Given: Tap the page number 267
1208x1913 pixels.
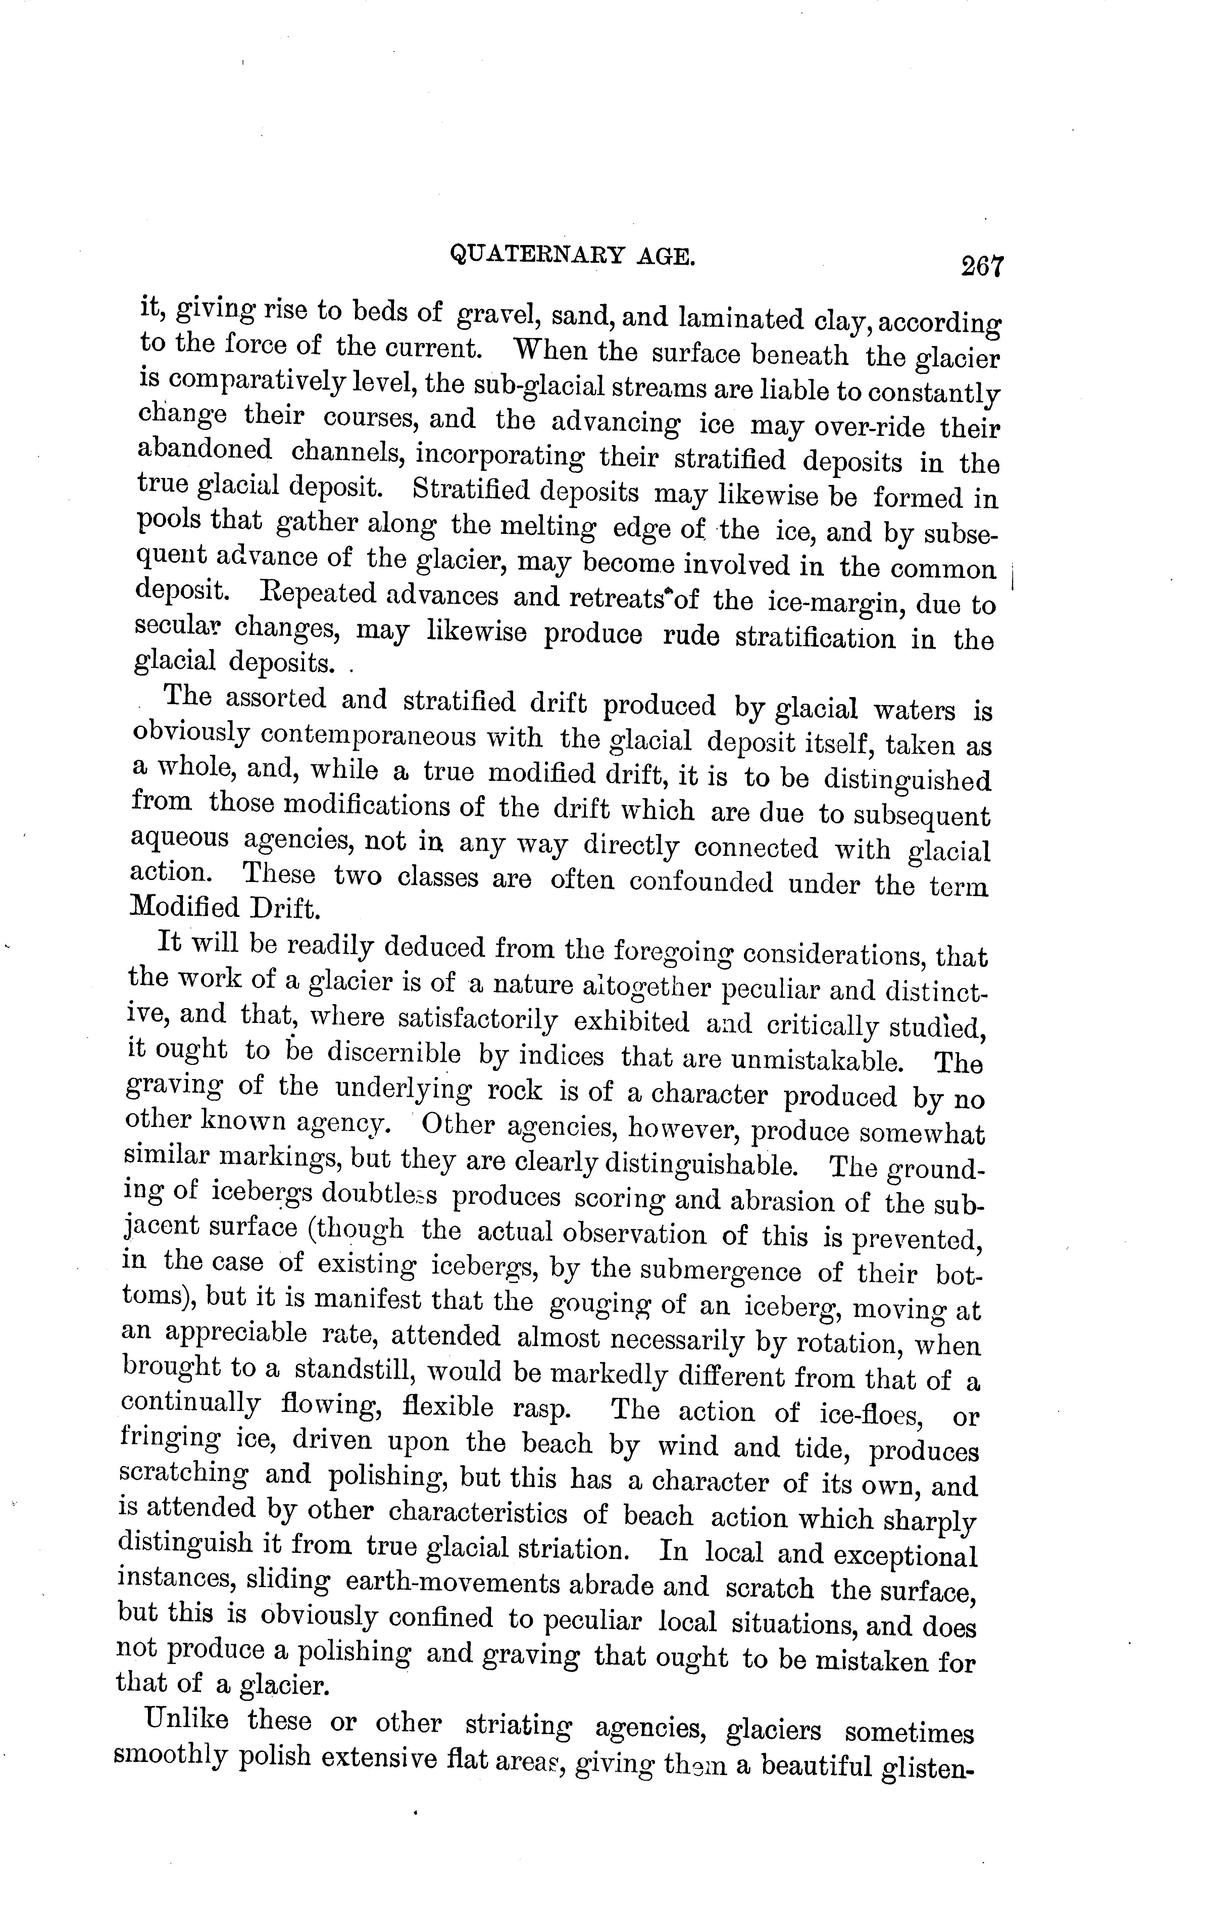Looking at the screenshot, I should [x=983, y=264].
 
